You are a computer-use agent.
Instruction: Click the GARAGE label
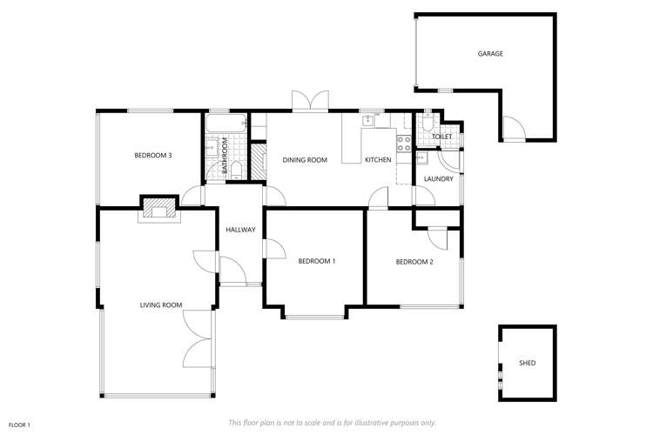click(x=490, y=54)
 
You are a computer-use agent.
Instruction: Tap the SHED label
click(x=527, y=363)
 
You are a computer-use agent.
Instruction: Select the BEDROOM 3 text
click(x=152, y=156)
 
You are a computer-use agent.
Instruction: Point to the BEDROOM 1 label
click(x=316, y=261)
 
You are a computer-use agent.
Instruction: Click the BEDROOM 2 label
click(x=414, y=261)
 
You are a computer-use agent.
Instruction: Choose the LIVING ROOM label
click(x=161, y=304)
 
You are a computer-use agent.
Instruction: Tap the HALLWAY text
click(x=240, y=231)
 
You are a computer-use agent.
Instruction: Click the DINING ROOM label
click(x=305, y=160)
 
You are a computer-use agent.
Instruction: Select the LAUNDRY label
click(x=438, y=179)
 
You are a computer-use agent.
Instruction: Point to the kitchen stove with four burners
click(x=405, y=144)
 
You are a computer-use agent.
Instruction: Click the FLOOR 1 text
click(x=19, y=425)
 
